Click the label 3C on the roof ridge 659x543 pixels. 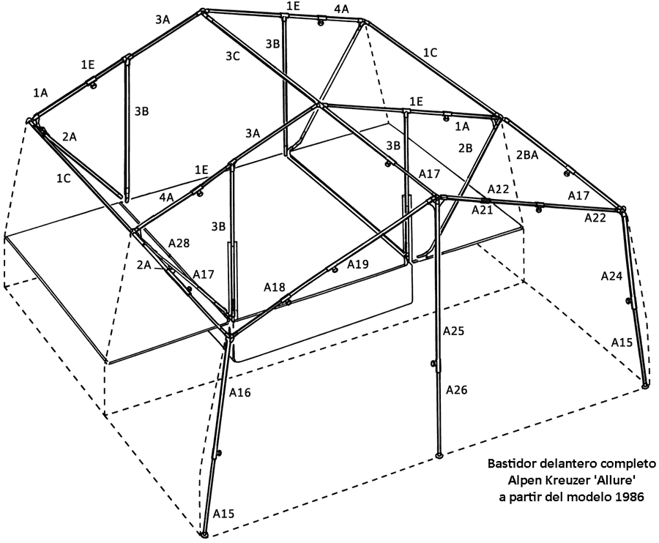tap(232, 56)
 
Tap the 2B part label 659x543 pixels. tap(465, 148)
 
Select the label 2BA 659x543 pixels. tap(527, 155)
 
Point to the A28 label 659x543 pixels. tap(179, 243)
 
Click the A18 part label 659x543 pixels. tap(275, 288)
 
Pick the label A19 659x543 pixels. tap(358, 264)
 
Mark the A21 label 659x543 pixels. tap(482, 209)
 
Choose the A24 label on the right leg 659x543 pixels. tap(611, 276)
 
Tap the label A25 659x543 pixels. tap(453, 331)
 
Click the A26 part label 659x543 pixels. tap(456, 390)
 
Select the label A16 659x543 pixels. tap(240, 392)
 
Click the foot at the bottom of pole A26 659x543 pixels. tap(439, 455)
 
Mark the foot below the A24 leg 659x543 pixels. tap(646, 384)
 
